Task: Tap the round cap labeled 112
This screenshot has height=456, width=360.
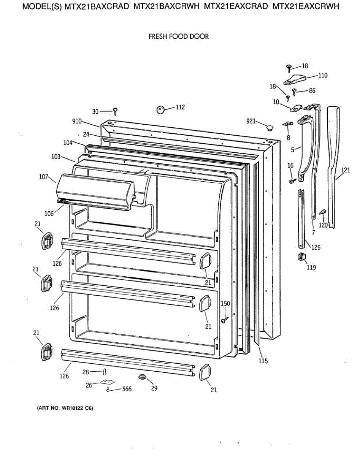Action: click(x=161, y=109)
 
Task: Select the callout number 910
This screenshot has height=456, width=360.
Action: click(x=77, y=122)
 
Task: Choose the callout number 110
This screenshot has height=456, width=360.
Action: click(x=322, y=75)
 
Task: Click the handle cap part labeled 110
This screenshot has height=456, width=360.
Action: click(x=295, y=79)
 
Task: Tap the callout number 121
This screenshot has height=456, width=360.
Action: click(x=345, y=170)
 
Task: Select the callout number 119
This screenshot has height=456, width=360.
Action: click(x=311, y=267)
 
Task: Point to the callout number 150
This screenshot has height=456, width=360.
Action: click(x=225, y=303)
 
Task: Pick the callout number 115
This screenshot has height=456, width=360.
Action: click(x=263, y=361)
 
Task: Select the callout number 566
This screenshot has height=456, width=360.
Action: click(x=127, y=389)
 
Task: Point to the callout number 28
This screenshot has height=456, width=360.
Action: click(x=86, y=372)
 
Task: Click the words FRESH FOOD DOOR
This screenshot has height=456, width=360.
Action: click(x=178, y=37)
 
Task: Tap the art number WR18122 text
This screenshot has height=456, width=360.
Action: click(x=65, y=408)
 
